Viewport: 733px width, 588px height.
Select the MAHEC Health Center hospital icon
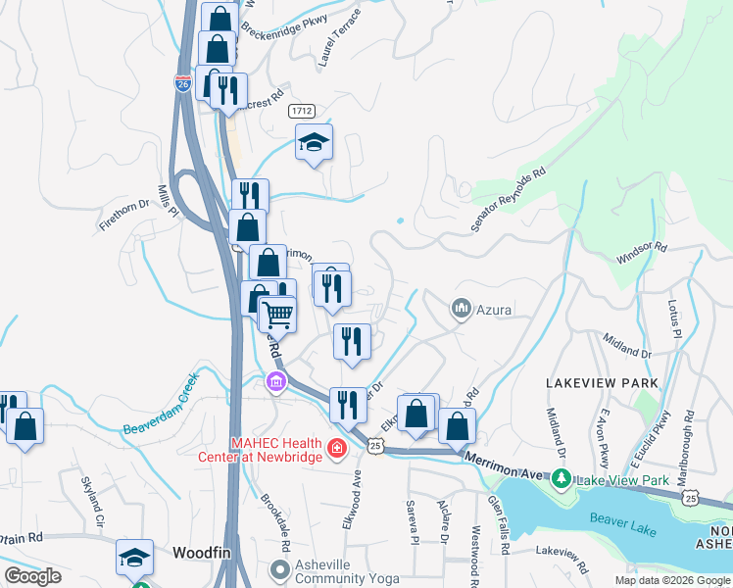click(337, 448)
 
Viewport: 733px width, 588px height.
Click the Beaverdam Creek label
click(161, 405)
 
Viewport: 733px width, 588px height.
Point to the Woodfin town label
click(201, 553)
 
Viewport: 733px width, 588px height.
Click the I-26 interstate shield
click(182, 83)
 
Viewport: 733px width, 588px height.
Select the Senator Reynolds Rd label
click(507, 199)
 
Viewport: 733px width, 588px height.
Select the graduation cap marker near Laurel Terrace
click(314, 143)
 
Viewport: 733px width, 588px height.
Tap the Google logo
click(33, 576)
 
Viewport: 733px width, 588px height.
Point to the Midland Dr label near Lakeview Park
click(628, 346)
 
